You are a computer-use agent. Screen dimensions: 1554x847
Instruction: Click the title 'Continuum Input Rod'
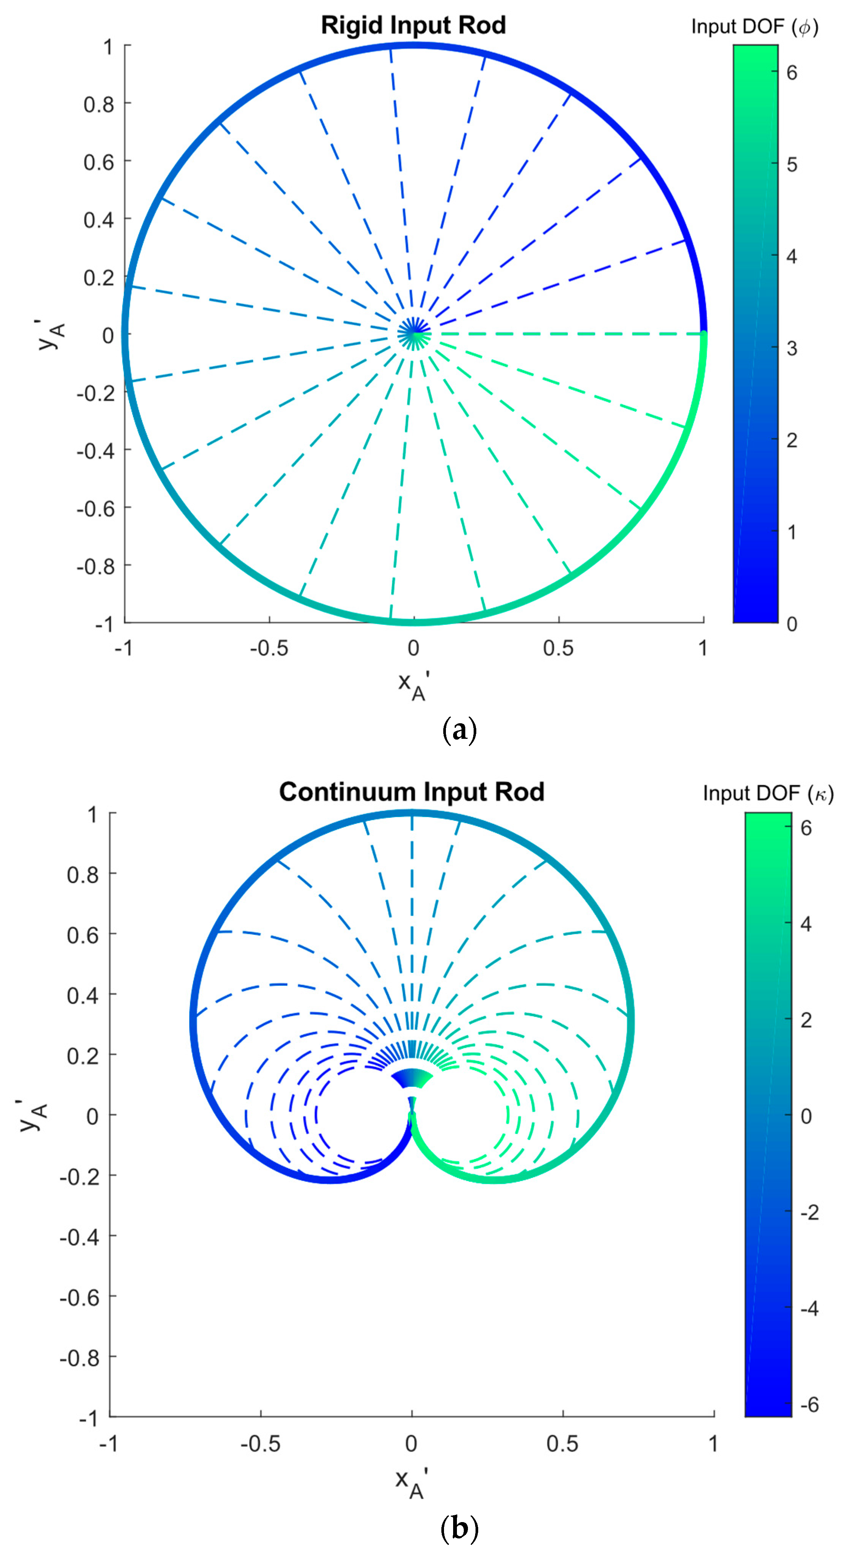(411, 792)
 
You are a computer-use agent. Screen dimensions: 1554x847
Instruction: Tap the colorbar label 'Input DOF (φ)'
(754, 27)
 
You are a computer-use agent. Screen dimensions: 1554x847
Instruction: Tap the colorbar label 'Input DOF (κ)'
(767, 793)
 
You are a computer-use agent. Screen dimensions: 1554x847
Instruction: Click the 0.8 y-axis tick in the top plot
(99, 104)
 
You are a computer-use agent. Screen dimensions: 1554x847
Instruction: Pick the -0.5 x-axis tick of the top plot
(269, 648)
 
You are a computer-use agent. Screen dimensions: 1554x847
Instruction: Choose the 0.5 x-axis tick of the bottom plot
(562, 1443)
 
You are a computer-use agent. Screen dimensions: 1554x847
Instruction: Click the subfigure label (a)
(460, 730)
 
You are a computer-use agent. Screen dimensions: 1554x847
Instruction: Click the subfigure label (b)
(460, 1528)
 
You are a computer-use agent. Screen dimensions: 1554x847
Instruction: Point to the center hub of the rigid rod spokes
(414, 333)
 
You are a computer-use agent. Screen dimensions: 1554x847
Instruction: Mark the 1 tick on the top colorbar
(792, 531)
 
